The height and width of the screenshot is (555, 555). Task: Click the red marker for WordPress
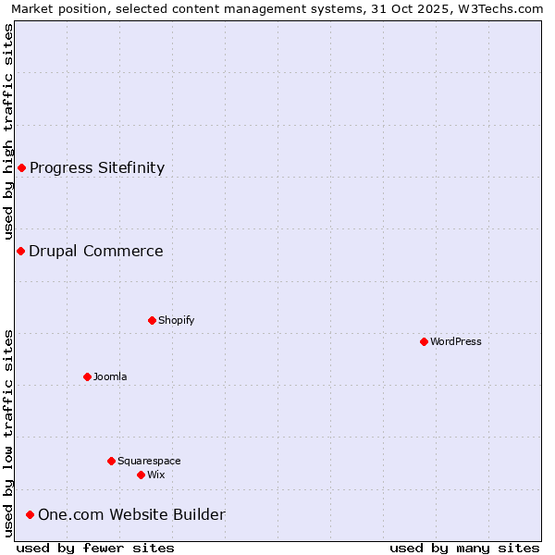[425, 341]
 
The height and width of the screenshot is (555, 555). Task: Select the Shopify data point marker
[153, 320]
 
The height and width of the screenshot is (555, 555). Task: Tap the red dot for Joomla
[88, 376]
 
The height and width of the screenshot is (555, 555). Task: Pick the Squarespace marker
[112, 461]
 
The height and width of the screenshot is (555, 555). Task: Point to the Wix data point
[142, 475]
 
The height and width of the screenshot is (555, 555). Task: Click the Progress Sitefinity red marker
[22, 167]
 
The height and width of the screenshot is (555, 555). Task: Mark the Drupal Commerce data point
[20, 251]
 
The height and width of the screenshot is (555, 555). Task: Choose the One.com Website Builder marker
[31, 514]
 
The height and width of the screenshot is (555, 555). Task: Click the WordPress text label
[456, 341]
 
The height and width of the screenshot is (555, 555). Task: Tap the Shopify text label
[176, 320]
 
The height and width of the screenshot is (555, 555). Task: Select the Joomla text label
[110, 376]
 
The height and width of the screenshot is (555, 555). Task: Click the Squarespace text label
[149, 461]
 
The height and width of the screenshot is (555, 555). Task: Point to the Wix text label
[156, 475]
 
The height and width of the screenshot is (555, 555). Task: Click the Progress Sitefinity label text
[97, 167]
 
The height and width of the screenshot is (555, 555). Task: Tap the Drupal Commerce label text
[96, 251]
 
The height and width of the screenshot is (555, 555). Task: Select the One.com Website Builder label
[131, 514]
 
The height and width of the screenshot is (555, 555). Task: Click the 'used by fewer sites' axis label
[95, 548]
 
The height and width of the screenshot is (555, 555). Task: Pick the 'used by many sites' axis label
[464, 548]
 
